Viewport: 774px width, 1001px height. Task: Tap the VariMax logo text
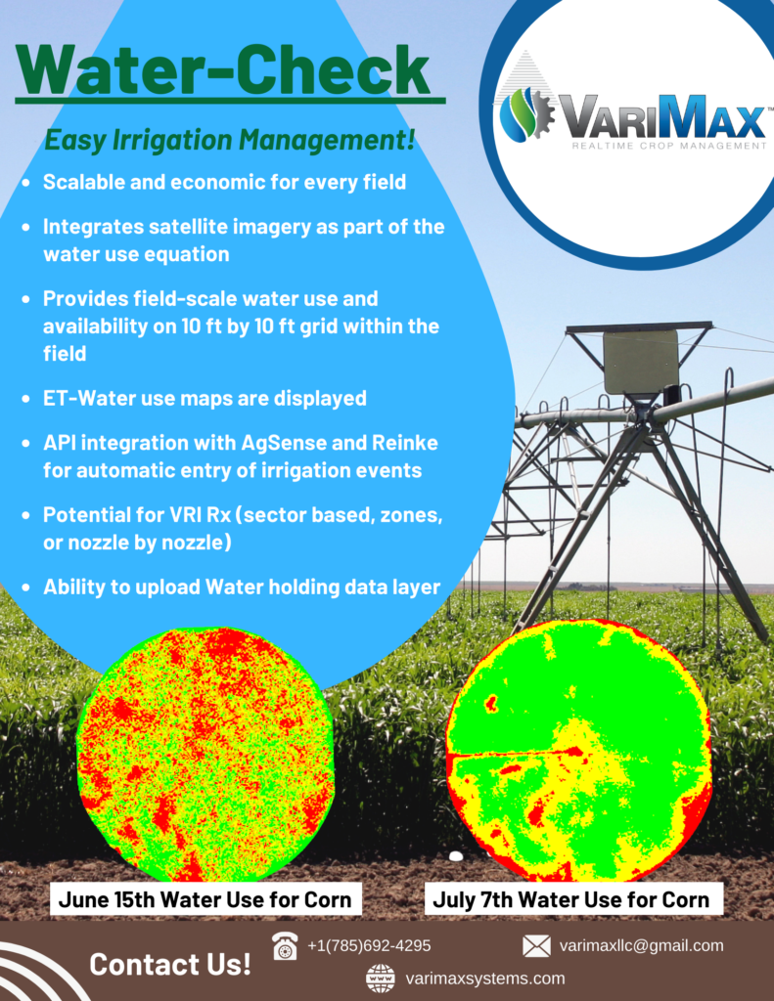tap(662, 117)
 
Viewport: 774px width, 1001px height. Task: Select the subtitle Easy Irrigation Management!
tap(230, 140)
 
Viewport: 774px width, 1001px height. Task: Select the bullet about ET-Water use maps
tap(205, 399)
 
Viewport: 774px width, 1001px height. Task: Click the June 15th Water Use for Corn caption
tap(205, 899)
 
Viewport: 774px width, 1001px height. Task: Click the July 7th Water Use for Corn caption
tap(570, 899)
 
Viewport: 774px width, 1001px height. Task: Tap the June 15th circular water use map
tap(205, 754)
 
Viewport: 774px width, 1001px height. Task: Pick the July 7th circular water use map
tap(578, 750)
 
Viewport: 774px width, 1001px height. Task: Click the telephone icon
tap(285, 945)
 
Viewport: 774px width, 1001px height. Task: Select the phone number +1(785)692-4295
tap(369, 945)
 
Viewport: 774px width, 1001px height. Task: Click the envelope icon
tap(536, 946)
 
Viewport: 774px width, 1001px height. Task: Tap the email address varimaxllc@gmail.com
tap(641, 945)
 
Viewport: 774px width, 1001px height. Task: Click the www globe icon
tap(381, 979)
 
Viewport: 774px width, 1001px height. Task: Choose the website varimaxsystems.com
tap(485, 979)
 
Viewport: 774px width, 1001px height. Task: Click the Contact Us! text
tap(170, 964)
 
